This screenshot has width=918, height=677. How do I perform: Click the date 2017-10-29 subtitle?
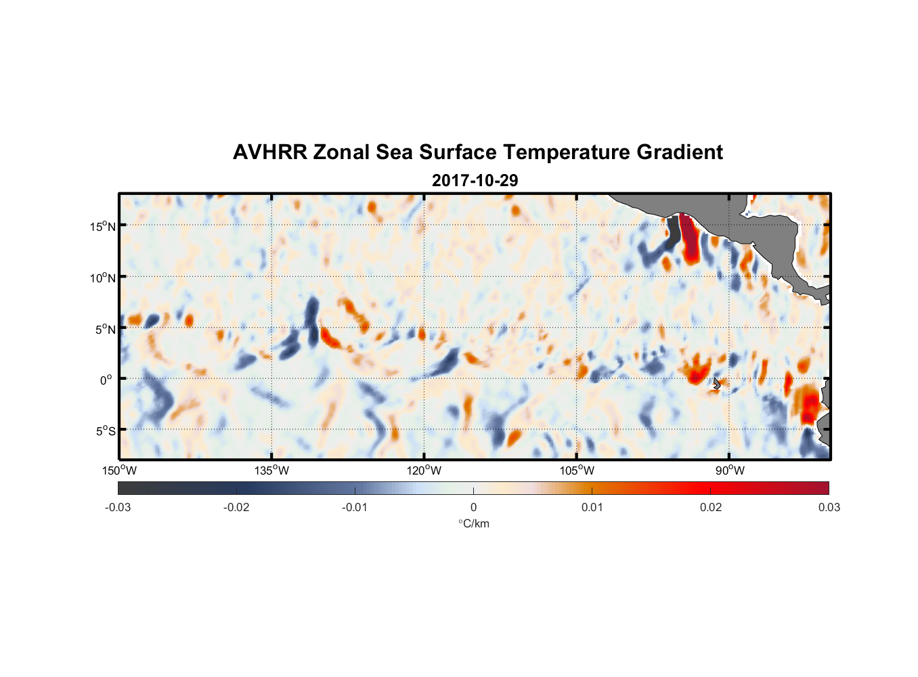click(x=475, y=181)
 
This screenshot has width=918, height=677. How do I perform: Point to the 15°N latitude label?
click(x=103, y=226)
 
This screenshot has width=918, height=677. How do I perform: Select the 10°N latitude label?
click(x=103, y=278)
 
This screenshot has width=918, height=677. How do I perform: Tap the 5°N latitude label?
click(x=104, y=329)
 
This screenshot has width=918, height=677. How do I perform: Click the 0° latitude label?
click(x=106, y=380)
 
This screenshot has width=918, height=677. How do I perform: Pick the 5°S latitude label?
click(x=104, y=431)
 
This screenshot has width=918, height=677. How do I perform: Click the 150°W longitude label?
click(x=119, y=471)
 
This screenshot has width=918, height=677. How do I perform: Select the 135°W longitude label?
click(x=271, y=471)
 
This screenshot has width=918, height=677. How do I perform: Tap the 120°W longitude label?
click(x=424, y=471)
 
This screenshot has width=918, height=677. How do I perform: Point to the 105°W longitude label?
click(x=577, y=471)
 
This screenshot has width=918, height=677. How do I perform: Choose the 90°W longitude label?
click(x=729, y=471)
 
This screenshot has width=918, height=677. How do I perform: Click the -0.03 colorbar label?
click(x=118, y=507)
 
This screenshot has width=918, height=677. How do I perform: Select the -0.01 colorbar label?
click(x=354, y=507)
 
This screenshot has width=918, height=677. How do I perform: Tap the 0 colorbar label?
click(x=473, y=507)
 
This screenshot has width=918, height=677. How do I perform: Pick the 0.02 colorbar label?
click(x=710, y=507)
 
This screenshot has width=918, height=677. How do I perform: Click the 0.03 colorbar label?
click(x=829, y=507)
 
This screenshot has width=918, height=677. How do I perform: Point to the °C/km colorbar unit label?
click(x=473, y=523)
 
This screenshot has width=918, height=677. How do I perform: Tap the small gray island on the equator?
click(x=716, y=384)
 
